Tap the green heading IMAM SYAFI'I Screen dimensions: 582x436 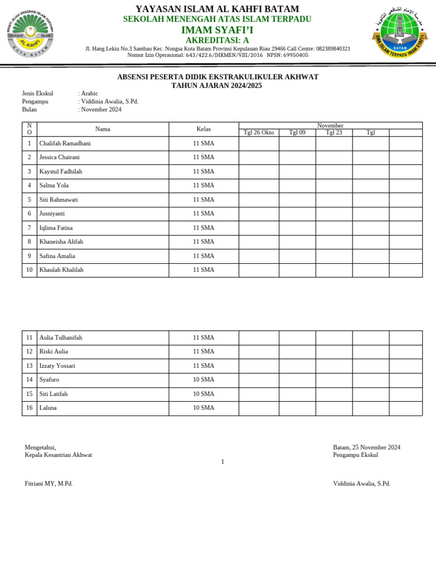point(217,30)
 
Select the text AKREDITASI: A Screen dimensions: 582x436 point(217,40)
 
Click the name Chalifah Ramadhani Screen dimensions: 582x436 point(65,143)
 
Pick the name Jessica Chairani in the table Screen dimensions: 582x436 point(60,157)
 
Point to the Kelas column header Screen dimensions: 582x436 point(203,129)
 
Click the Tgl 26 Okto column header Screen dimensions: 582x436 point(258,132)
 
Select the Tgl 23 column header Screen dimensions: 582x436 point(334,132)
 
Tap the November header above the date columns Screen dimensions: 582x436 point(330,126)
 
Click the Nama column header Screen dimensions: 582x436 point(103,129)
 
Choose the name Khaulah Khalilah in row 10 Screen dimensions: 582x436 point(61,270)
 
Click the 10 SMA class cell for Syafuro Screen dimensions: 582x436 point(203,380)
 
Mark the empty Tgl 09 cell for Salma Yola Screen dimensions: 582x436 point(297,185)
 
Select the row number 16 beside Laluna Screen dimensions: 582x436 point(30,408)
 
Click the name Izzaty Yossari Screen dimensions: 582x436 point(57,365)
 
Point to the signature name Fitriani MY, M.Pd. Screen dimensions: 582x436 point(49,484)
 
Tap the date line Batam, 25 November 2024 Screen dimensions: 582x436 point(366,447)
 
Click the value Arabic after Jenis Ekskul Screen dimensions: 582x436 point(90,93)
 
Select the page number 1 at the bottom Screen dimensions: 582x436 point(223,462)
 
